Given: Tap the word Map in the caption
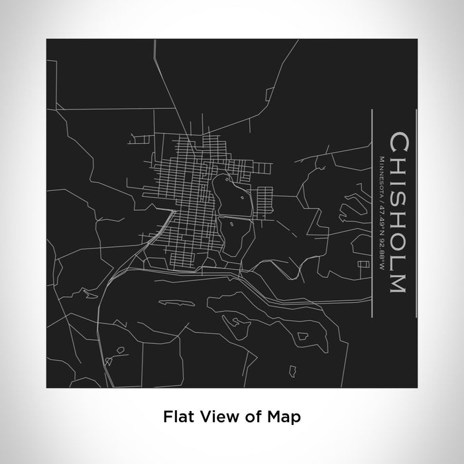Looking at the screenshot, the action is tap(287, 417).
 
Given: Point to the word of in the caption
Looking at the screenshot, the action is tap(255, 417).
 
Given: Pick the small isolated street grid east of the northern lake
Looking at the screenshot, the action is tap(264, 198).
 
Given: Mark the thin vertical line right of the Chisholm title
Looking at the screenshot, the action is tap(416, 213).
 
